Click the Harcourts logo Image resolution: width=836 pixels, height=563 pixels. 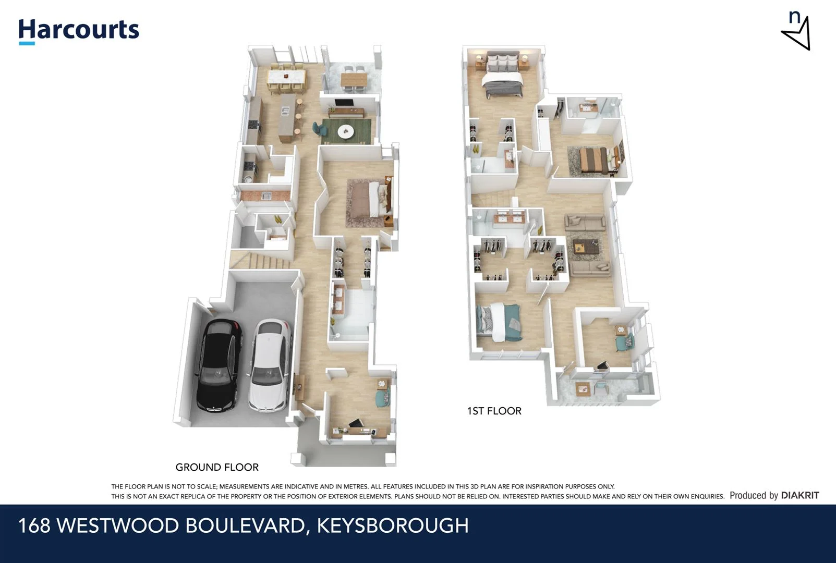[x=79, y=31]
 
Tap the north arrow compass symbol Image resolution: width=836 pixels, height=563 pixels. [x=796, y=32]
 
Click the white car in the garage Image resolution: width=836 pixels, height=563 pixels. [x=269, y=365]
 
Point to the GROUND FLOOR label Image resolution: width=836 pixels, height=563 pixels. [x=217, y=467]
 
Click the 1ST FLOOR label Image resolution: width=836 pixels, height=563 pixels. [x=494, y=411]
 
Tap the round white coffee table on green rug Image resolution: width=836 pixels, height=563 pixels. [x=345, y=132]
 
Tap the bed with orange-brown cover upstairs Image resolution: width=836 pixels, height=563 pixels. [x=595, y=160]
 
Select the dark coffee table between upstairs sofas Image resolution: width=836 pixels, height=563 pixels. [x=587, y=246]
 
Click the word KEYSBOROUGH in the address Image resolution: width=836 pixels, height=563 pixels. [x=393, y=525]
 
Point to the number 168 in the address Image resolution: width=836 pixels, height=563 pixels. [x=34, y=525]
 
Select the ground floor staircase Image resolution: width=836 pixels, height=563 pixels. [x=261, y=260]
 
